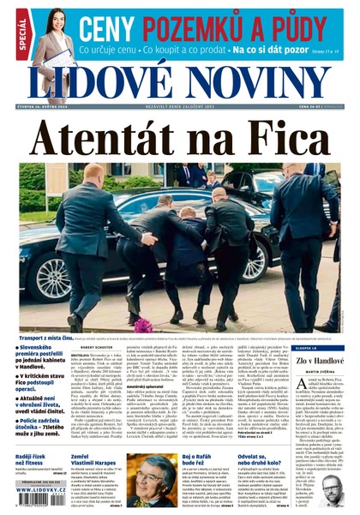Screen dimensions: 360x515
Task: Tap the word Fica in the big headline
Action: coord(282,137)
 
